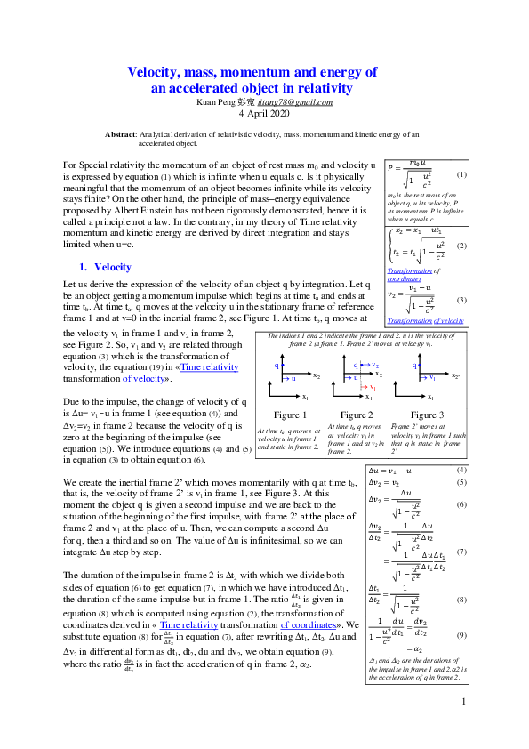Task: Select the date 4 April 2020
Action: point(264,115)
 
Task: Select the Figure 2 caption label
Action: point(356,415)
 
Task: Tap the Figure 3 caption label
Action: point(427,415)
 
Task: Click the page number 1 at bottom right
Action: point(464,727)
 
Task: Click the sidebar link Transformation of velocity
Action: point(426,320)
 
